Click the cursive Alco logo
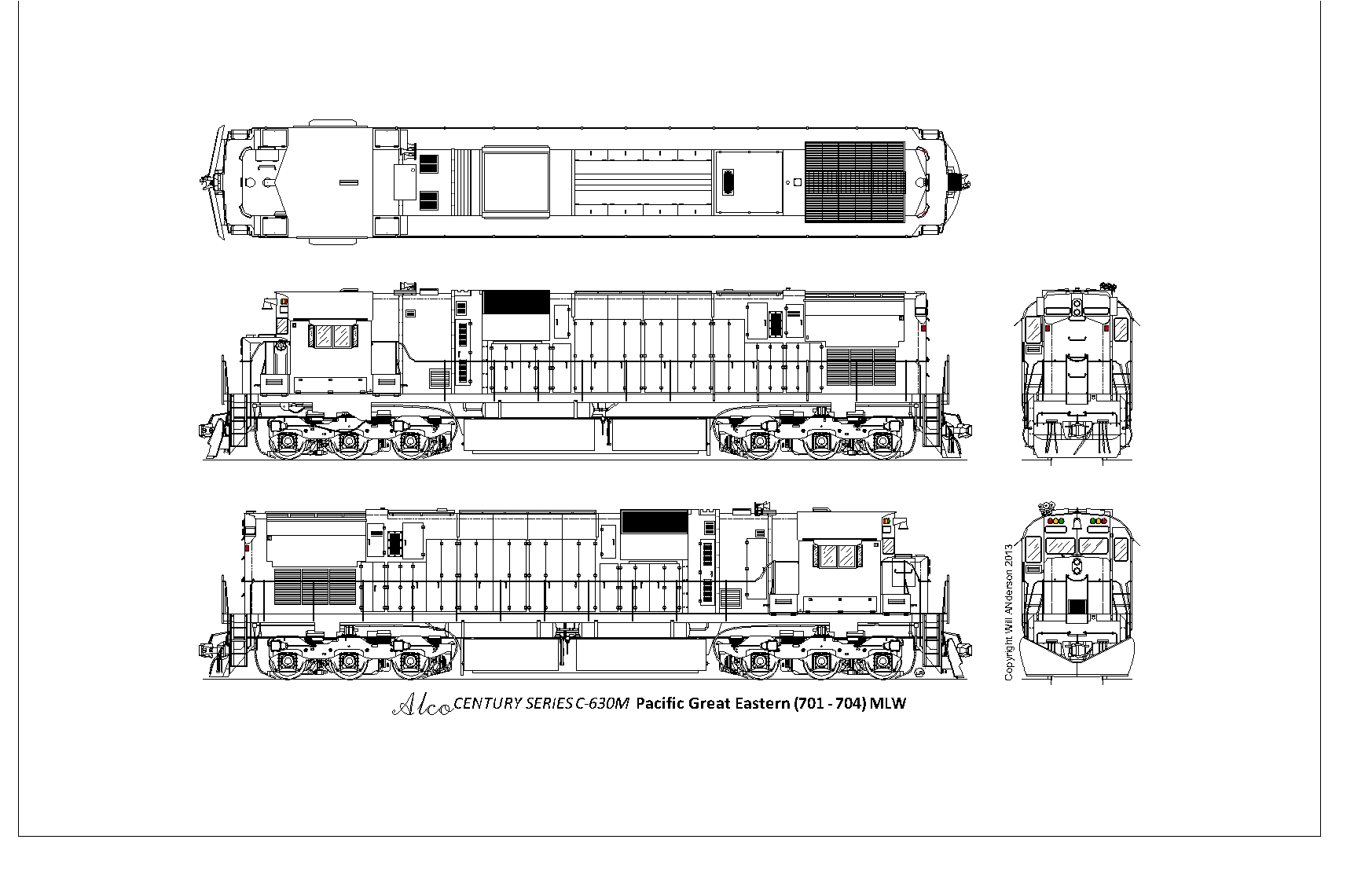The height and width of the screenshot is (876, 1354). pyautogui.click(x=421, y=706)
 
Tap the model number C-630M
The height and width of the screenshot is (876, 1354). pyautogui.click(x=602, y=703)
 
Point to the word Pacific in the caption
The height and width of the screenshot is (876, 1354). pyautogui.click(x=660, y=703)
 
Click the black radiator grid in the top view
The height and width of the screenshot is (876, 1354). pyautogui.click(x=855, y=181)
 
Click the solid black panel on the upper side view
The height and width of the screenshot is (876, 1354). pyautogui.click(x=516, y=302)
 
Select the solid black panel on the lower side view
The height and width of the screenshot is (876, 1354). pyautogui.click(x=655, y=522)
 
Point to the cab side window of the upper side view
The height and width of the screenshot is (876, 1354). pyautogui.click(x=332, y=336)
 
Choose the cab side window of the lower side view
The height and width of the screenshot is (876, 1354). pyautogui.click(x=837, y=556)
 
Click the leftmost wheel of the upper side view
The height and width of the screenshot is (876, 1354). pyautogui.click(x=284, y=443)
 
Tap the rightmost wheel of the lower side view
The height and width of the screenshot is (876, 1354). pyautogui.click(x=884, y=662)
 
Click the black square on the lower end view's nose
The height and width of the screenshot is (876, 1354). pyautogui.click(x=1077, y=607)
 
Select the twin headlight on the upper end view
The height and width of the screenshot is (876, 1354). pyautogui.click(x=1077, y=306)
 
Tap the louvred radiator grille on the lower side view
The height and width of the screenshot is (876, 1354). pyautogui.click(x=315, y=586)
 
